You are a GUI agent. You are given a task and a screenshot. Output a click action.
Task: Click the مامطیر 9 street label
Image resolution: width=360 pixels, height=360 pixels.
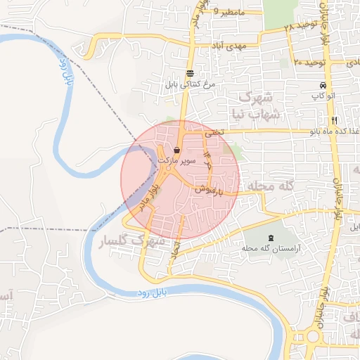[x=231, y=12]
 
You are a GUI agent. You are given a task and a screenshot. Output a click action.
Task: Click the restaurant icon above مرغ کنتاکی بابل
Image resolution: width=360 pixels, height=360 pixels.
[x=190, y=73]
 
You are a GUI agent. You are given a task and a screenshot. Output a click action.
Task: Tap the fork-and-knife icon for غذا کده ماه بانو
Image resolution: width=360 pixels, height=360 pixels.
[x=335, y=120]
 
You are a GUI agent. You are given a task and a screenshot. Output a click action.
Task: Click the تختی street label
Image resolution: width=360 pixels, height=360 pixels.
[x=212, y=131]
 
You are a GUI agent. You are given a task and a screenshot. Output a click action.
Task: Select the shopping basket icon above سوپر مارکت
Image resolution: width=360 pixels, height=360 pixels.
[x=176, y=150]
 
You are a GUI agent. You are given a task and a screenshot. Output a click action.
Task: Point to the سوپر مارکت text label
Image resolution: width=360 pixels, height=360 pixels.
[x=175, y=161]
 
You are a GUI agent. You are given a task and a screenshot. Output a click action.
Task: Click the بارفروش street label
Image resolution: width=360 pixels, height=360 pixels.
[x=210, y=189]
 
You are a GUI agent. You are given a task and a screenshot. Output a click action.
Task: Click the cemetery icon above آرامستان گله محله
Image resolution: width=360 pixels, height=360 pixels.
[x=271, y=238]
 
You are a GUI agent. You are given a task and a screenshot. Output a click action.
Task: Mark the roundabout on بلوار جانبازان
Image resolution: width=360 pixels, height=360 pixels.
[x=308, y=335]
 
